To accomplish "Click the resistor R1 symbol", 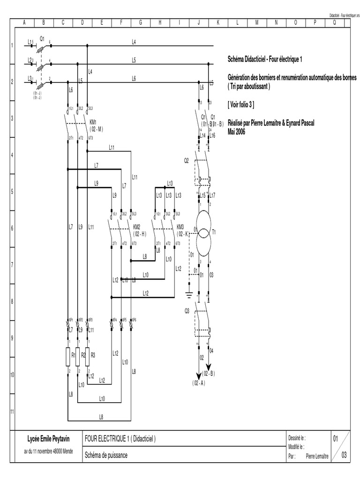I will (68, 355).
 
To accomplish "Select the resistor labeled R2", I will (78, 355).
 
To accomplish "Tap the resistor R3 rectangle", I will (87, 355).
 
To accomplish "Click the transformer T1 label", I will (214, 232).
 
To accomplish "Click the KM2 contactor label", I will (137, 226).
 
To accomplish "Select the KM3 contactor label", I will (180, 226).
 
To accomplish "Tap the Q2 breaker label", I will (186, 160).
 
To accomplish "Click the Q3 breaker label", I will (186, 310).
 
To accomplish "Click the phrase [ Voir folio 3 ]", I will (241, 104).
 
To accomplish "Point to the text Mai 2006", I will (236, 132).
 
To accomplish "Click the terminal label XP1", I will (71, 319).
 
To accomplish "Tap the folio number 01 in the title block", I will (336, 439).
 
